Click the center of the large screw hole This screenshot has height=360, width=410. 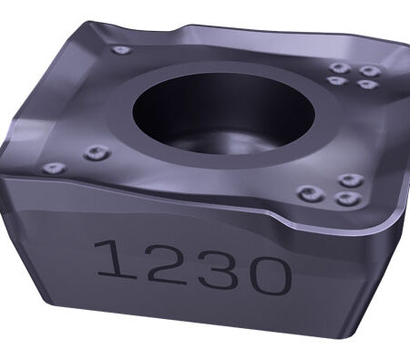click(x=223, y=113)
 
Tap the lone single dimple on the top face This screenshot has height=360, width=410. click(x=122, y=49)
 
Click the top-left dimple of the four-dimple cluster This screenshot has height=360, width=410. click(x=340, y=67)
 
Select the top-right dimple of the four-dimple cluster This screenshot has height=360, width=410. click(x=370, y=71)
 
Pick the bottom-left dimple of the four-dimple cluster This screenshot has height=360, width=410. click(x=337, y=80)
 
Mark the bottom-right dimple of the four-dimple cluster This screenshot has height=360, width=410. click(x=368, y=84)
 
